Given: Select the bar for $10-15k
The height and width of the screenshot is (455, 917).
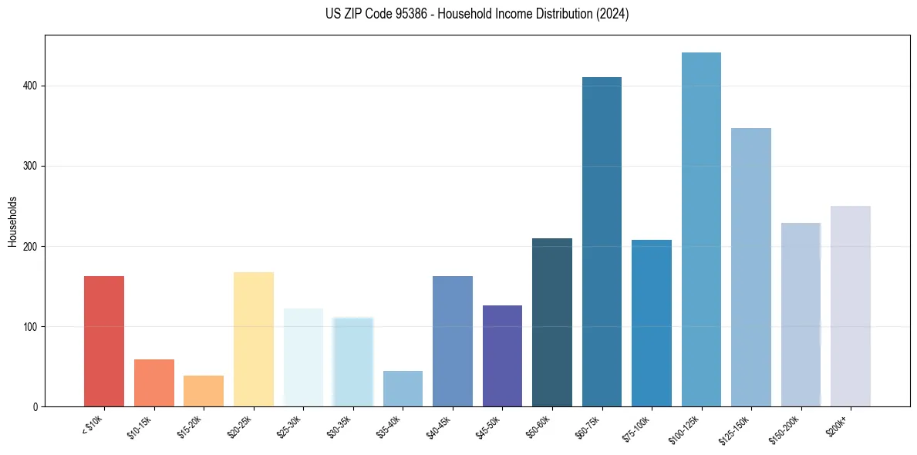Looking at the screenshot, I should coord(154,383).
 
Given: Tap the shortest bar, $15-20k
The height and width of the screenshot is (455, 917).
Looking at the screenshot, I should coord(204,391).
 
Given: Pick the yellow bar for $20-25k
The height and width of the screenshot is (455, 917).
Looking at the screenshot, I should coord(254,339).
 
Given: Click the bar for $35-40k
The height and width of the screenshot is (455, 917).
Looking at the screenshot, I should coord(403,389).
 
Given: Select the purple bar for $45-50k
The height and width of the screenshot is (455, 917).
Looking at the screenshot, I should coord(502,356).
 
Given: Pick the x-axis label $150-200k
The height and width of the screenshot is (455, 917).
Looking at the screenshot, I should coord(787,427).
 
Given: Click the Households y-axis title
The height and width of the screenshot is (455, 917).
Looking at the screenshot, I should coord(12,221).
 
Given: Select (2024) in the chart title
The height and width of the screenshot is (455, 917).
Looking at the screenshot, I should coord(614,14).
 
